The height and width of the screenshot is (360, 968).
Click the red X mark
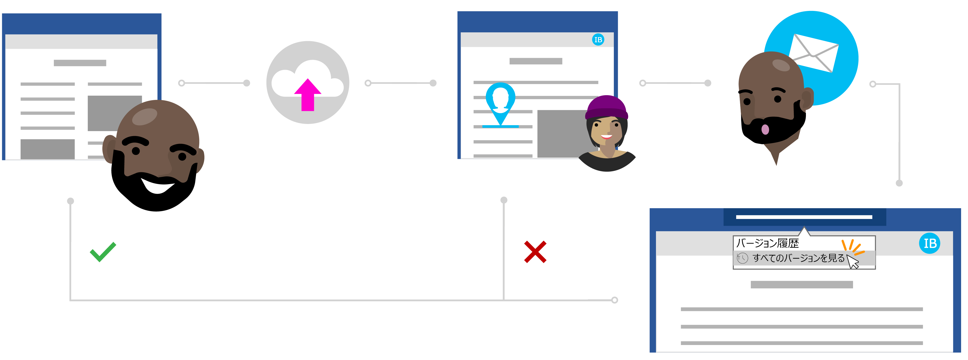[x=535, y=252]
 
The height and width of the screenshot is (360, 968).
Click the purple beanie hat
[x=606, y=107]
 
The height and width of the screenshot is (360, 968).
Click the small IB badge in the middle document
[x=598, y=39]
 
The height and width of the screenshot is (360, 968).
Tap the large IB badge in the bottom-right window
[x=930, y=243]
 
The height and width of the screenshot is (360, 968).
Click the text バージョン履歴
[x=767, y=243]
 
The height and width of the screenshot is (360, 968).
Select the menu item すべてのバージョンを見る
[x=799, y=258]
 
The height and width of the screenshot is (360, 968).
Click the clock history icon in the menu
[x=742, y=258]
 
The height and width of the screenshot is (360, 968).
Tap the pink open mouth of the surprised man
[x=765, y=129]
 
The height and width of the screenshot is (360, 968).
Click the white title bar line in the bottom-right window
[x=804, y=217]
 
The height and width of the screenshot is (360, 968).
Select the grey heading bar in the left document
[x=80, y=63]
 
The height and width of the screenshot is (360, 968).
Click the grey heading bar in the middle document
[x=536, y=61]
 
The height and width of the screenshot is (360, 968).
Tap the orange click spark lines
[x=853, y=247]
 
